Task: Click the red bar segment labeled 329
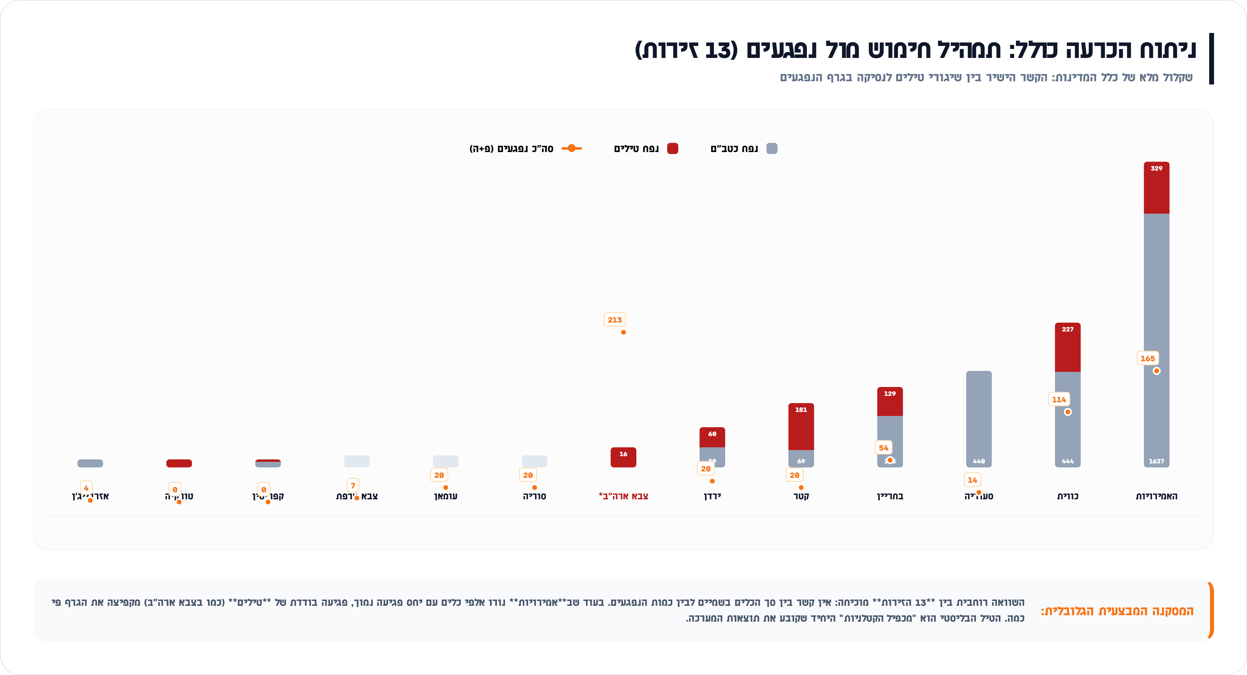coord(1156,188)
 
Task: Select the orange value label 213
coord(615,320)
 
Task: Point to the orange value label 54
coord(883,448)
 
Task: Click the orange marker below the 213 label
coord(623,332)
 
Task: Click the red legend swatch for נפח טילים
coord(672,149)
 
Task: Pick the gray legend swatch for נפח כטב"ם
coord(772,149)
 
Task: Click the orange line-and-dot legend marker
coord(572,148)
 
